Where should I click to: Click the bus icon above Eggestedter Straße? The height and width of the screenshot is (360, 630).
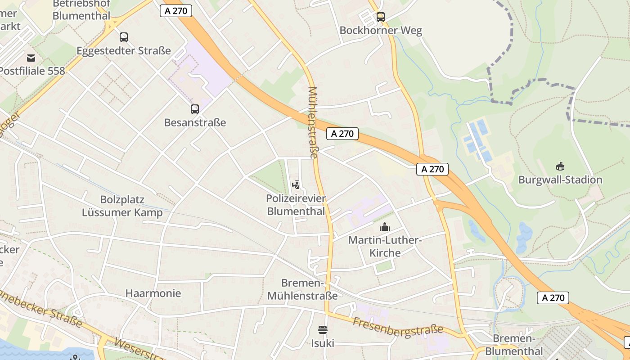(x=124, y=37)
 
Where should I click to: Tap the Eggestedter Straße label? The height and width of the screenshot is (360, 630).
(x=124, y=51)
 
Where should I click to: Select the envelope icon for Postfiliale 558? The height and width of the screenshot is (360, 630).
(x=31, y=58)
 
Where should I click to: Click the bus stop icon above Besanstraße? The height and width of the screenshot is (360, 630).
(x=195, y=109)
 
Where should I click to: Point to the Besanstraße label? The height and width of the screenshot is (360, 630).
(x=195, y=122)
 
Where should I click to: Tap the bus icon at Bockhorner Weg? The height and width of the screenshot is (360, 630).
(x=381, y=17)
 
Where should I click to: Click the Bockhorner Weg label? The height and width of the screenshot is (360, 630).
(x=381, y=31)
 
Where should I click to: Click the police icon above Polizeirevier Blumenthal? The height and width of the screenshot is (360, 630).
(x=296, y=184)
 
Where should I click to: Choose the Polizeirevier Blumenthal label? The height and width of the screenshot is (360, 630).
(x=296, y=205)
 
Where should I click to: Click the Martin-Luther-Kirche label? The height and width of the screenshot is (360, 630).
(x=385, y=246)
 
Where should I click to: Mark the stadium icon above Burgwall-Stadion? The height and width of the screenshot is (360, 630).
(x=560, y=166)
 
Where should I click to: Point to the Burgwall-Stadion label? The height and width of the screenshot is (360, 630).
(x=560, y=180)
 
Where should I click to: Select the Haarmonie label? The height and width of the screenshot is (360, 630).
(x=153, y=293)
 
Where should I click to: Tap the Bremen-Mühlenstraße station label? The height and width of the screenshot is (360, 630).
(x=302, y=289)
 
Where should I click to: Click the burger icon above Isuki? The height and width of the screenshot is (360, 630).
(x=323, y=330)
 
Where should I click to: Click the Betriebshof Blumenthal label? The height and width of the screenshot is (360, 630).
(x=81, y=10)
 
